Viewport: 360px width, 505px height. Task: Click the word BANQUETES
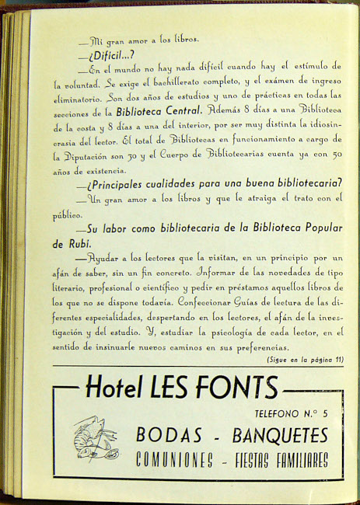[274, 434]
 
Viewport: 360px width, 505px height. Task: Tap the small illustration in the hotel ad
[96, 440]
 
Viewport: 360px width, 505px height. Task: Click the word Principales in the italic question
[121, 184]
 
